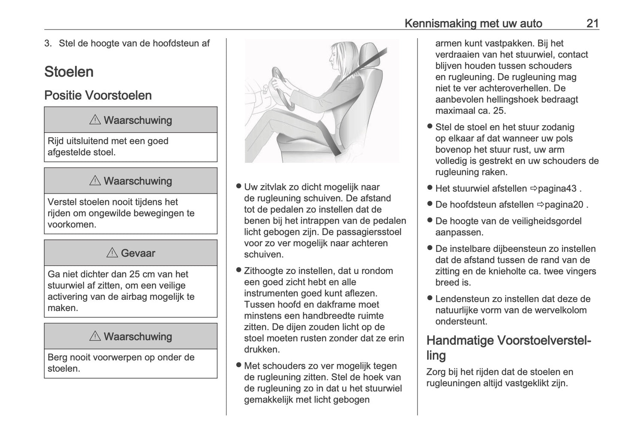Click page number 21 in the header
[x=592, y=23]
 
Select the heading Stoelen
[x=69, y=72]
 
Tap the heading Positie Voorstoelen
[x=98, y=95]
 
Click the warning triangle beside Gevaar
[x=112, y=253]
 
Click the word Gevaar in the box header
[x=138, y=253]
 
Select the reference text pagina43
[x=557, y=188]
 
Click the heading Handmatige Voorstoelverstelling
[x=508, y=347]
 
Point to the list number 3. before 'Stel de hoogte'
[x=48, y=43]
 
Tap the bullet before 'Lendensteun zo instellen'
[x=429, y=299]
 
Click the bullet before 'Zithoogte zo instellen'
[x=238, y=270]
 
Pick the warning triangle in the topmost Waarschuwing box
[x=95, y=120]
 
